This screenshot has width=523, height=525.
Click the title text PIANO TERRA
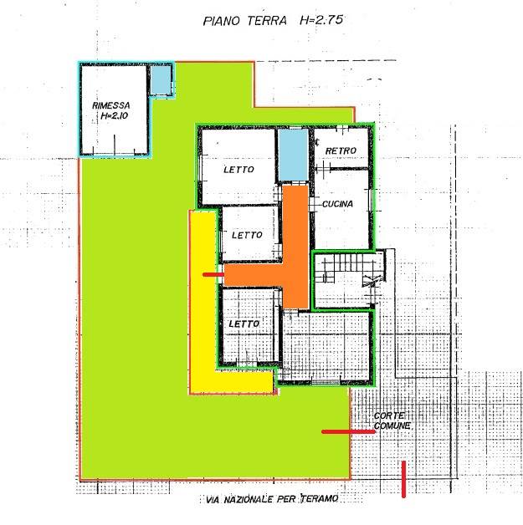245,21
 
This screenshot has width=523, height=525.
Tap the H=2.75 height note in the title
321,20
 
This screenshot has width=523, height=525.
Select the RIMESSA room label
111,105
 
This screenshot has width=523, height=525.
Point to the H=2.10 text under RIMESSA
115,116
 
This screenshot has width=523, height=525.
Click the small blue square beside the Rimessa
161,79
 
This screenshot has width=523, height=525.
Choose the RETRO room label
341,150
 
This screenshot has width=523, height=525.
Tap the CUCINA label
337,204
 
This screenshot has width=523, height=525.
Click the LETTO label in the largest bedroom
238,170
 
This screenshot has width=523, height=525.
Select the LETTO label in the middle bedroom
247,235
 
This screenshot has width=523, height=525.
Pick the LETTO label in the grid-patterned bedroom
244,324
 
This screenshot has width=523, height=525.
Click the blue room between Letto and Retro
294,155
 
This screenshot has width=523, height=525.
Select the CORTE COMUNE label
392,421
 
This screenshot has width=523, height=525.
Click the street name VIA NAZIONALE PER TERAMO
272,499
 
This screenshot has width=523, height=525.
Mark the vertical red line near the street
403,479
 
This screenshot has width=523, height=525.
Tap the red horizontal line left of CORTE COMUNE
348,432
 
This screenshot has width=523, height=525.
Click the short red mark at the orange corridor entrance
213,274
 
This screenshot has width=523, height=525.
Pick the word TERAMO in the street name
320,499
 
